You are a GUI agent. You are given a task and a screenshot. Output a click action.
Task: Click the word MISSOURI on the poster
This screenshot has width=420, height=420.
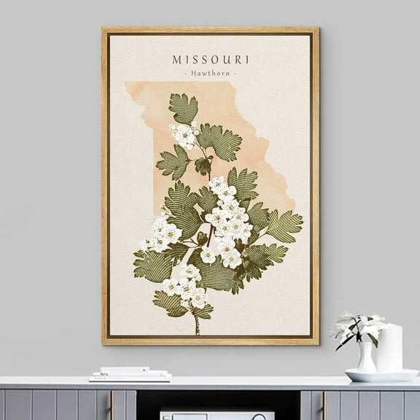click(x=210, y=59)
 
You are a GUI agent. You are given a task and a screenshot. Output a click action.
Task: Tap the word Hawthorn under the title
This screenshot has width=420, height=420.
click(x=210, y=74)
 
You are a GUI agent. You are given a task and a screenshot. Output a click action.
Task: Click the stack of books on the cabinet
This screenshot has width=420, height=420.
click(x=130, y=374)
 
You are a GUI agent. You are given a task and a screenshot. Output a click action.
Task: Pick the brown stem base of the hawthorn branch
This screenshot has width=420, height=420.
click(x=196, y=325)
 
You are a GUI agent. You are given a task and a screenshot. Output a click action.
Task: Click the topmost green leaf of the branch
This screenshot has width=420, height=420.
click(x=184, y=107)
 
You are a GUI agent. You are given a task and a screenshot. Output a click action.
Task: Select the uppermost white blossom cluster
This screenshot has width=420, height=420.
click(x=184, y=135)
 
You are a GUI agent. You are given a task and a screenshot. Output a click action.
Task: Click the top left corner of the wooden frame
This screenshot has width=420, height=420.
click(x=104, y=30)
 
